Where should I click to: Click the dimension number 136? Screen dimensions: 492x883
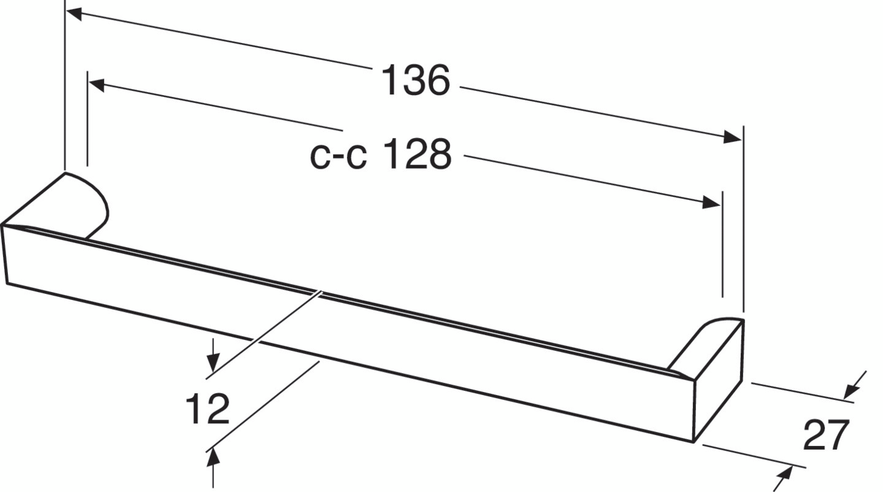(x=415, y=80)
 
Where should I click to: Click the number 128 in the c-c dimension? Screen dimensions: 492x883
(x=418, y=154)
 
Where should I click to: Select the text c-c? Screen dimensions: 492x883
(x=338, y=155)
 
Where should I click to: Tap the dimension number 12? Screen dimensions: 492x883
(x=207, y=409)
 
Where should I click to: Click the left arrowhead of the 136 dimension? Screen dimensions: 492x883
(x=74, y=13)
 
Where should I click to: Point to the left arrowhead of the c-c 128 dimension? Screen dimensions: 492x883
(x=97, y=84)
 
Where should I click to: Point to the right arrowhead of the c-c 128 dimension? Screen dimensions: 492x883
(x=711, y=202)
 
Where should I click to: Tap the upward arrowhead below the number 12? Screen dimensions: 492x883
(x=213, y=457)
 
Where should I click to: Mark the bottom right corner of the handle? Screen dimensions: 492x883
(x=694, y=441)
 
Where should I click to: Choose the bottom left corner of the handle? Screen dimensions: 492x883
(x=7, y=283)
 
